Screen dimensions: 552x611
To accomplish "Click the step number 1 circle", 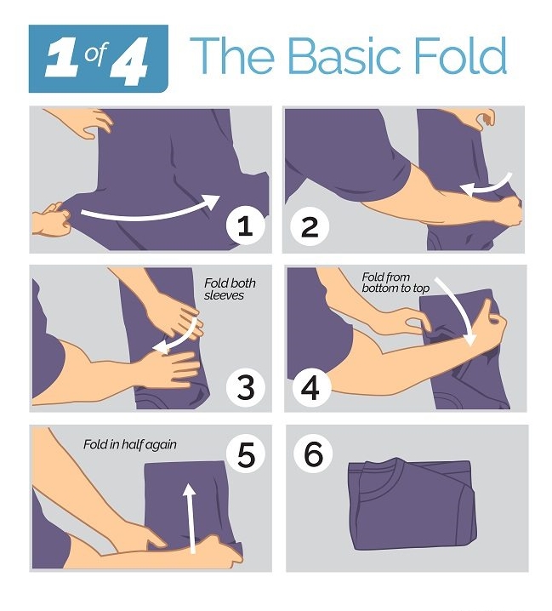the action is [x=246, y=226].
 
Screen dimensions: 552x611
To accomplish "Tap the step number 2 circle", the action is [x=310, y=226].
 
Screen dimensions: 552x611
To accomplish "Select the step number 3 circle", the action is [x=246, y=388].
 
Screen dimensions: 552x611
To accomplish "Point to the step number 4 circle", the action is [x=310, y=388].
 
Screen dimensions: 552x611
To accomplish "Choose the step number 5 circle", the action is [x=246, y=454].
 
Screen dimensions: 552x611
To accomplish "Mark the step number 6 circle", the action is [x=313, y=454].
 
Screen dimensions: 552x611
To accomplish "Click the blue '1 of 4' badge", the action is [x=99, y=59].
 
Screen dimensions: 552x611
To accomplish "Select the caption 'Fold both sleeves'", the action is [x=230, y=289].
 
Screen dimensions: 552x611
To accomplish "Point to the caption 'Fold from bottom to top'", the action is [x=396, y=283].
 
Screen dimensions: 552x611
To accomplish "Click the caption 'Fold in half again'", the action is [x=130, y=444].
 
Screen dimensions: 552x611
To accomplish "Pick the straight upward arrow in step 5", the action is [x=191, y=518].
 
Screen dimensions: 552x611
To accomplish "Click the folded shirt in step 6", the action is [x=413, y=505].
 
